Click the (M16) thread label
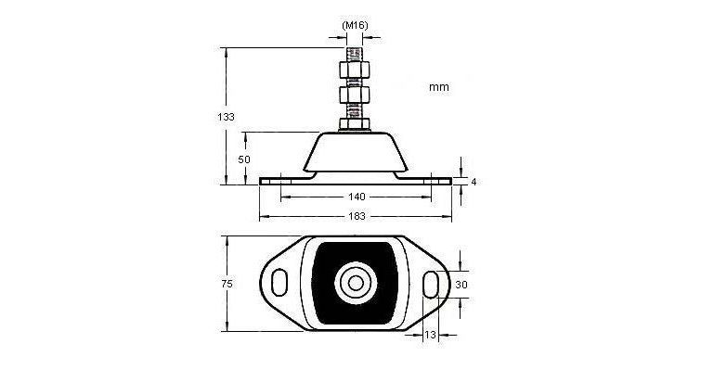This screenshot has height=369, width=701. point(355,25)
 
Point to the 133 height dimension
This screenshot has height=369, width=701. point(226,117)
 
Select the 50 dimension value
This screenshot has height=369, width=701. point(244,159)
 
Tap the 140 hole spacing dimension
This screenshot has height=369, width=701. point(357,197)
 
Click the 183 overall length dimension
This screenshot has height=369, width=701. point(357,216)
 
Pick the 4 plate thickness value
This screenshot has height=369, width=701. point(474,182)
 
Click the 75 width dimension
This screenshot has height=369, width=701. point(227,284)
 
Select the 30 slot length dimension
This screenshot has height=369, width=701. point(461,284)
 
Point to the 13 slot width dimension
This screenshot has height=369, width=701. point(430,335)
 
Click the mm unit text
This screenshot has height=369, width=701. point(439,87)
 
